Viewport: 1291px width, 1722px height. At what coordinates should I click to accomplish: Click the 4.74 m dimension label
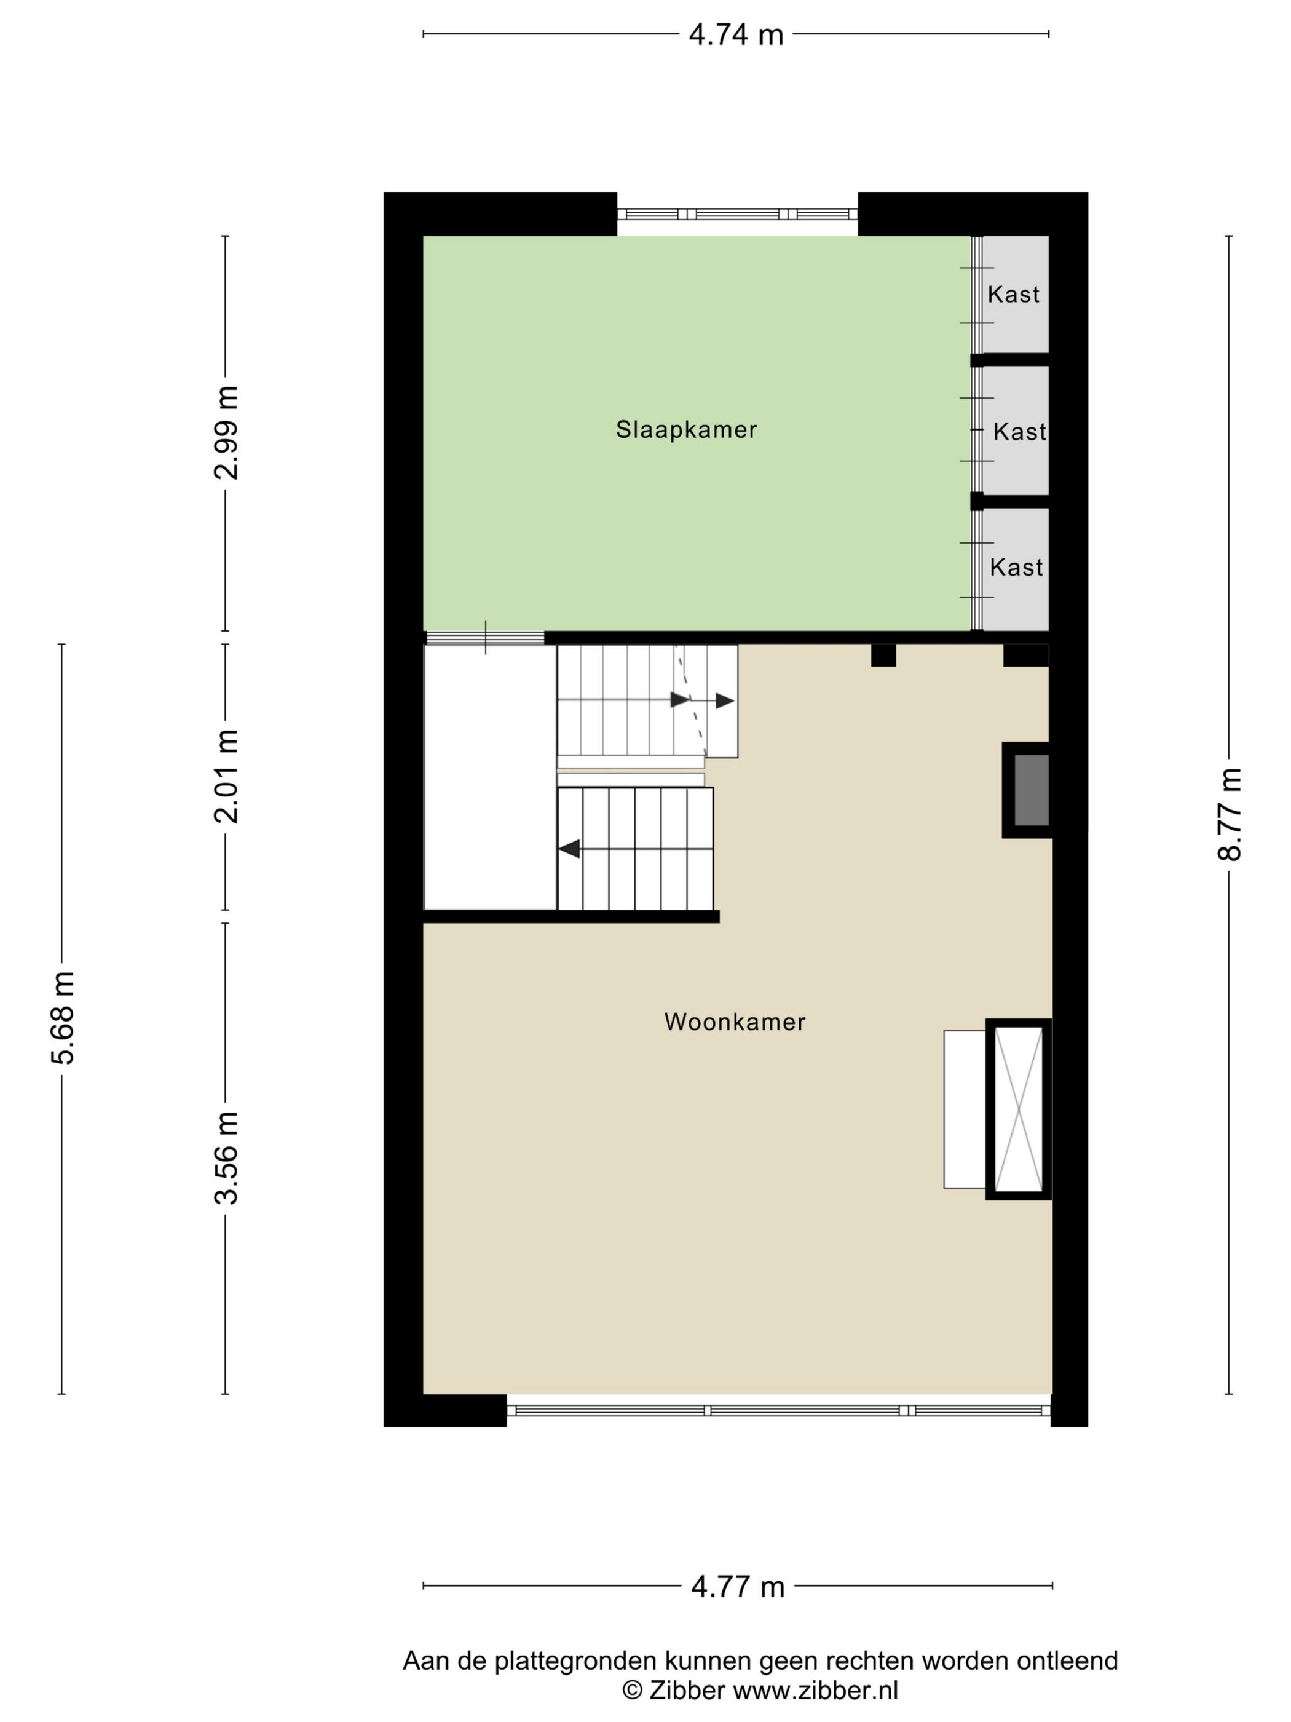[735, 35]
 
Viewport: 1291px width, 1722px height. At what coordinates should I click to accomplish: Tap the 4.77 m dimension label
[737, 1585]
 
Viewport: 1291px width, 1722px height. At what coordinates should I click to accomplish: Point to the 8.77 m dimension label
[1229, 814]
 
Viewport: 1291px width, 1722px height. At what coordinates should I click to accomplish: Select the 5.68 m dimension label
[62, 1018]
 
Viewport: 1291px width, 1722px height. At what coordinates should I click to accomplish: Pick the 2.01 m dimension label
[226, 776]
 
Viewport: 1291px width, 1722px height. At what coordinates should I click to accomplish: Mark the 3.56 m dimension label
[226, 1157]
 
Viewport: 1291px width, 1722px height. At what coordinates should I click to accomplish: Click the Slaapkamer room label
[686, 430]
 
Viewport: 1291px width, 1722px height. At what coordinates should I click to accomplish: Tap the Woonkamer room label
[735, 1022]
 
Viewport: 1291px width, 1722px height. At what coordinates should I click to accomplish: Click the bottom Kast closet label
[1016, 568]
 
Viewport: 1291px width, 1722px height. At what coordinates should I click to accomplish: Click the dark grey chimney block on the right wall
[1032, 790]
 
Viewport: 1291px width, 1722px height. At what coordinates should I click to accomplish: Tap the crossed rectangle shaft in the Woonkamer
[1018, 1109]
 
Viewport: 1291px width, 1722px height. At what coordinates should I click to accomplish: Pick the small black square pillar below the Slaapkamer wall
[882, 655]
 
